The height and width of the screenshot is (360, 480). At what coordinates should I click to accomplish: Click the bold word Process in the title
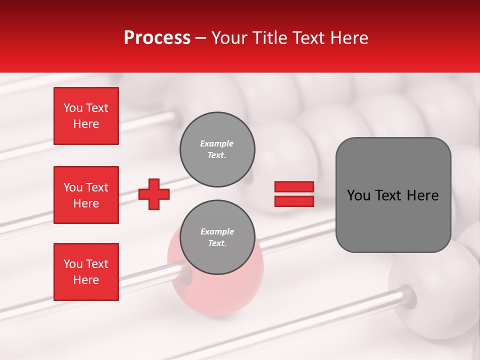tap(157, 38)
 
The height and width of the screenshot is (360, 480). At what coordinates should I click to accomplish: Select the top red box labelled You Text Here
tap(86, 116)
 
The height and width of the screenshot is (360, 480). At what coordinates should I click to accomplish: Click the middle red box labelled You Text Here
tap(86, 195)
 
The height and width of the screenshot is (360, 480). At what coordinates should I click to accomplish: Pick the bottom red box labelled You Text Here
tap(86, 272)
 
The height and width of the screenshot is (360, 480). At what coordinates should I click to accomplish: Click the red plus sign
tap(154, 194)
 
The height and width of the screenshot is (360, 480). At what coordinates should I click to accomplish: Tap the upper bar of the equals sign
tap(294, 187)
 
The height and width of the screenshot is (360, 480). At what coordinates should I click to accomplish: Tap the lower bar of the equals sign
tap(294, 201)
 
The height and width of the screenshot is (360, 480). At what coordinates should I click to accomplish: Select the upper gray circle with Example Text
tap(217, 149)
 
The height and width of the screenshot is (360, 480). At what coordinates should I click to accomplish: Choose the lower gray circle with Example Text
tap(217, 237)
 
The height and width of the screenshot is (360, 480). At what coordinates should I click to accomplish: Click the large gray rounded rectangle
tap(393, 195)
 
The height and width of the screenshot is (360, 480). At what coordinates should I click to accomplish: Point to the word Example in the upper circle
tap(217, 143)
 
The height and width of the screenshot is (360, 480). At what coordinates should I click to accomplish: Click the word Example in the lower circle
tap(217, 231)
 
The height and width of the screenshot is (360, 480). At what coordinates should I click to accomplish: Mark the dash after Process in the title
tap(201, 38)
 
